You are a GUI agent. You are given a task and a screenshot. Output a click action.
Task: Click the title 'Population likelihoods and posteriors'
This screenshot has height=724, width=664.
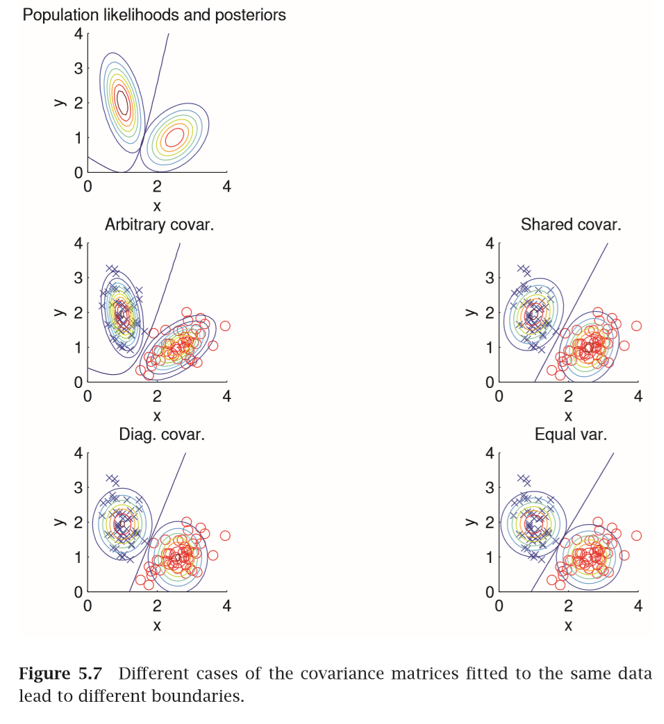(x=154, y=15)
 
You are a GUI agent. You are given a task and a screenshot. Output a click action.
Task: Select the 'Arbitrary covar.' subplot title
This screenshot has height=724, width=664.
(x=154, y=225)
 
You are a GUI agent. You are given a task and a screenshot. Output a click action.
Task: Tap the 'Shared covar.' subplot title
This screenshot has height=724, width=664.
(x=570, y=225)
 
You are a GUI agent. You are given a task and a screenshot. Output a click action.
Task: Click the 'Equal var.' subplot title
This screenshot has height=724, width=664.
(x=570, y=435)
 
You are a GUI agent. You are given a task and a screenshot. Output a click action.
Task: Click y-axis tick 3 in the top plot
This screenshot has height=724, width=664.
(x=78, y=68)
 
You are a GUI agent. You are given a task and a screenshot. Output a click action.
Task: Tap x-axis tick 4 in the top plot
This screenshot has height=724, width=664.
(x=226, y=187)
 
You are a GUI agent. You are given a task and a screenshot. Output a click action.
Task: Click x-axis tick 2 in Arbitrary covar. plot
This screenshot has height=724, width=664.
(x=157, y=396)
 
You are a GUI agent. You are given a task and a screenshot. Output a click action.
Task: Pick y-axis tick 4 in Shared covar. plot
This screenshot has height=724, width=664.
(x=490, y=244)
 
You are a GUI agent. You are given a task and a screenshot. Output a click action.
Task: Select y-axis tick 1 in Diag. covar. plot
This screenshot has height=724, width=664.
(x=78, y=557)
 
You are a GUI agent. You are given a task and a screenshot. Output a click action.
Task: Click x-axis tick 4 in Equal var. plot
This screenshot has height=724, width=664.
(x=638, y=606)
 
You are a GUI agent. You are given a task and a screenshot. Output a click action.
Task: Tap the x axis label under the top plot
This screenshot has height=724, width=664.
(x=157, y=205)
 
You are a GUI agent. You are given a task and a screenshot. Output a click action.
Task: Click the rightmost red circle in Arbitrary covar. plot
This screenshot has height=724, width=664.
(x=225, y=326)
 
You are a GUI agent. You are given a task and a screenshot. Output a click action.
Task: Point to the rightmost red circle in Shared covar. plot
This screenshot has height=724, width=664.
(x=636, y=326)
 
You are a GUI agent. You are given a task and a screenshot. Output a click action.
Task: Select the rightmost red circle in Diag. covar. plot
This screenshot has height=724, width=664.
(x=225, y=535)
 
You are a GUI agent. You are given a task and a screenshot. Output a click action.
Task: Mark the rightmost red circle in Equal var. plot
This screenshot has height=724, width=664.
(x=636, y=535)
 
